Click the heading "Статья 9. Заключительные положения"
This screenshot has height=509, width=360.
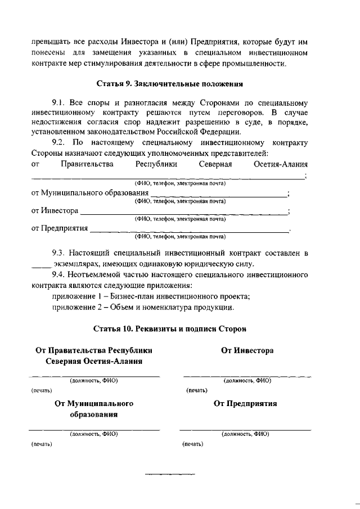pos(169,84)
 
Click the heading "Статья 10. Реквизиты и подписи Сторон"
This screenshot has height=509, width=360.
pos(169,327)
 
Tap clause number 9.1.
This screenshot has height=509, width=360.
pos(59,103)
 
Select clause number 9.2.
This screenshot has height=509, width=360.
pos(59,143)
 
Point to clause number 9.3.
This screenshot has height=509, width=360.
pos(59,254)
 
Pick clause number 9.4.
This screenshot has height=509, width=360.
pos(59,275)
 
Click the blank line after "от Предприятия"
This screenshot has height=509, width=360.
pos(189,231)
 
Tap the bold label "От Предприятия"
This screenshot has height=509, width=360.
pos(245,403)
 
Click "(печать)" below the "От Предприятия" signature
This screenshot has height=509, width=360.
pos(193,444)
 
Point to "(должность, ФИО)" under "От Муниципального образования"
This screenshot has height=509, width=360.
pos(93,434)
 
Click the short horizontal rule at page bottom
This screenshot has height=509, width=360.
pos(170,475)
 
